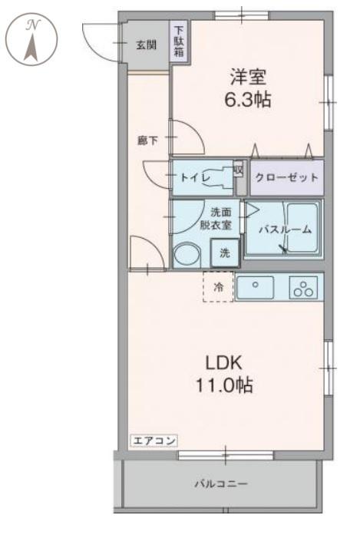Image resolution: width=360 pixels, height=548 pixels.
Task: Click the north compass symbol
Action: coord(31,38)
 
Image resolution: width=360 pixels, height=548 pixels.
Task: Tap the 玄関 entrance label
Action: coord(146,44)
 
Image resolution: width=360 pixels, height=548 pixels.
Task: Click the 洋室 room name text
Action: coord(247,77)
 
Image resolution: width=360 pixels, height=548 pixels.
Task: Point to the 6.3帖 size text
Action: coord(247,100)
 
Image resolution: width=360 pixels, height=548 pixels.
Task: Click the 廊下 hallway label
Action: coord(147,140)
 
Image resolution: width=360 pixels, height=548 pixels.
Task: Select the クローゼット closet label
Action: coord(286,177)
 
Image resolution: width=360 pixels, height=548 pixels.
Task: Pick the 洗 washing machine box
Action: coord(225,253)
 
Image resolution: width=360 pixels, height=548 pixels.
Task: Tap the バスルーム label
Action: coord(284,229)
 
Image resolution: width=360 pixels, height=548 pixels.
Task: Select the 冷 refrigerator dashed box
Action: coord(218,287)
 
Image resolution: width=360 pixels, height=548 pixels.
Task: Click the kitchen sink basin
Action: coord(258,287)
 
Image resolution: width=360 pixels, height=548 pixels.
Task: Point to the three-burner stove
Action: coord(303,288)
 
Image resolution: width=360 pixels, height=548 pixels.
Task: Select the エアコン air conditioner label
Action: coord(154,441)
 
